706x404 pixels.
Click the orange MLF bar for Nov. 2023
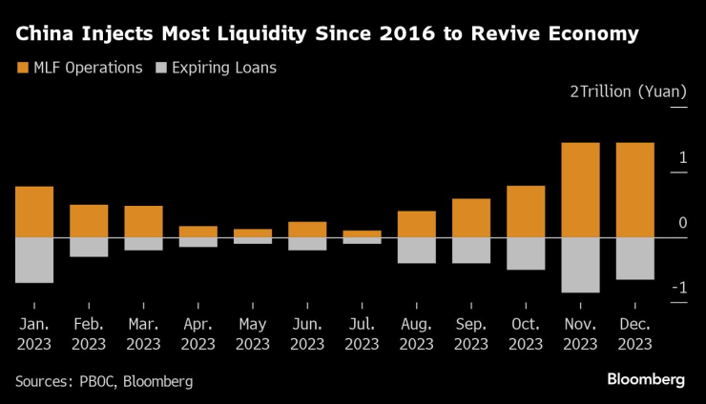coord(580,190)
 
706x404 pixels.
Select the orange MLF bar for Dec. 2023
coord(634,190)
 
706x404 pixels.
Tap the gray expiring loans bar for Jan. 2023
coord(34,259)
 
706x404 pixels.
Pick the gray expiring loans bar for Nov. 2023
coord(580,264)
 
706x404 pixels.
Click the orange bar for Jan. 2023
coord(34,212)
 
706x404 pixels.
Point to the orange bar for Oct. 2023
coord(526,211)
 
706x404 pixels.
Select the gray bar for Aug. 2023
coord(416,250)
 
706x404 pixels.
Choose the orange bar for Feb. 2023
coord(89,220)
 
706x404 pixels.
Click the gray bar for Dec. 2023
coord(634,258)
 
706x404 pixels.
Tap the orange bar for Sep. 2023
coord(471,217)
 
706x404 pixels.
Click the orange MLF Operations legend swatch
coord(22,69)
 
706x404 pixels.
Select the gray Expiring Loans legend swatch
coord(159,69)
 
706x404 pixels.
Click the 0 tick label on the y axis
coord(682,223)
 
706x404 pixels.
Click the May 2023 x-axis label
coord(253,333)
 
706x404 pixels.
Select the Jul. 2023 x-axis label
coord(362,333)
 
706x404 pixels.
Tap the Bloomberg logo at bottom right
coord(646,379)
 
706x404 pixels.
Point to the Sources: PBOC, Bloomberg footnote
coord(104,381)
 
